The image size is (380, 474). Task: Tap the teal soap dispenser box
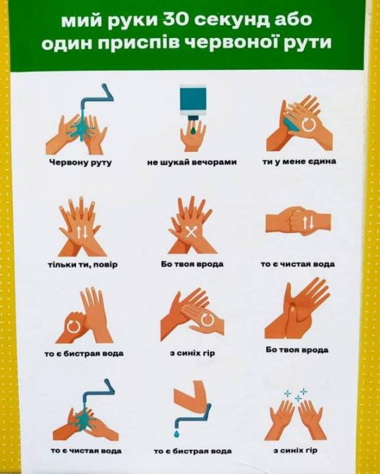pyautogui.click(x=193, y=100)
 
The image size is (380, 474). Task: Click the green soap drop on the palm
pyautogui.click(x=193, y=131)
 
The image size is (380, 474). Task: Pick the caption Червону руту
pyautogui.click(x=81, y=163)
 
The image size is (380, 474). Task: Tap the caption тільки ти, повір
pyautogui.click(x=83, y=265)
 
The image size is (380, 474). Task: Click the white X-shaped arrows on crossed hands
pyautogui.click(x=191, y=232)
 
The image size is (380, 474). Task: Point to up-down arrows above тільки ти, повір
pyautogui.click(x=82, y=232)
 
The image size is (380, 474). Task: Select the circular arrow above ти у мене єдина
pyautogui.click(x=308, y=124)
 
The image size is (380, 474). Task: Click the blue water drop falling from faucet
pyautogui.click(x=177, y=433)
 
